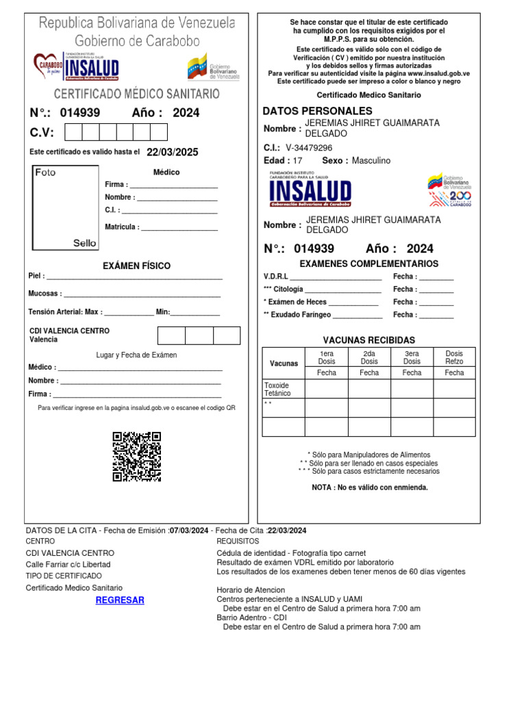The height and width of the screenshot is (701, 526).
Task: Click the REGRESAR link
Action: (x=120, y=600)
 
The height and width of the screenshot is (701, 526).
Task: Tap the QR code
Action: (x=136, y=457)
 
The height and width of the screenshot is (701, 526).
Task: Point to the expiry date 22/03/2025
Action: (x=173, y=152)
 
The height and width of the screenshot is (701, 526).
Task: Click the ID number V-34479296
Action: (x=309, y=148)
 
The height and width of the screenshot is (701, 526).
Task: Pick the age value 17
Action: (x=297, y=161)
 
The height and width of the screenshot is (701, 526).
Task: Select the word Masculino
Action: (x=371, y=161)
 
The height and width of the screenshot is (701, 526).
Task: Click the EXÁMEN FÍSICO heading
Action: (x=136, y=266)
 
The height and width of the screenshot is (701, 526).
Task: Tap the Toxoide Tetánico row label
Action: (x=277, y=390)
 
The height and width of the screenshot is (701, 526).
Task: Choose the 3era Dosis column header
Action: (x=412, y=357)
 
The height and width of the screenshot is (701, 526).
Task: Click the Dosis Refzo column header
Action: (x=454, y=357)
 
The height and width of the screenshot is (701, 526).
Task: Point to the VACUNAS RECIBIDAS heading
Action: (x=368, y=340)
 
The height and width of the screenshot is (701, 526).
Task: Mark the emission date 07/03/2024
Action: (x=189, y=531)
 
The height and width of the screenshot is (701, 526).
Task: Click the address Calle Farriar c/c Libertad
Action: (x=68, y=565)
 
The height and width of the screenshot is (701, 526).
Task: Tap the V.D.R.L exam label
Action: (x=276, y=277)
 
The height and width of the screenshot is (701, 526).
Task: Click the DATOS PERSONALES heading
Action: (x=318, y=111)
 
